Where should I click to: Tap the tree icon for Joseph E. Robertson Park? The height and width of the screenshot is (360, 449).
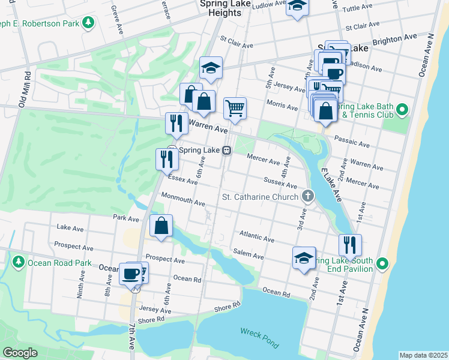(88, 23)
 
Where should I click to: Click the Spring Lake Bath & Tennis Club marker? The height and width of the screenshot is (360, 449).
(403, 110)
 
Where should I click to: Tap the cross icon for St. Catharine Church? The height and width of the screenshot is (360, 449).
(308, 196)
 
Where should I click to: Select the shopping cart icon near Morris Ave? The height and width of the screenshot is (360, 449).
(235, 108)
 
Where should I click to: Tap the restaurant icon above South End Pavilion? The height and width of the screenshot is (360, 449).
(349, 244)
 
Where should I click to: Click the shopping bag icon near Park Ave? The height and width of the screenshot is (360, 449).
(161, 226)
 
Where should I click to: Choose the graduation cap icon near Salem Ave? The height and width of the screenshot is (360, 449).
(304, 258)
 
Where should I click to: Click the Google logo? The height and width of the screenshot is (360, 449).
(19, 353)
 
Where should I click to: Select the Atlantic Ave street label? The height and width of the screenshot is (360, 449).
(256, 236)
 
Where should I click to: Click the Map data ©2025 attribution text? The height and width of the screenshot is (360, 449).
(423, 355)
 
